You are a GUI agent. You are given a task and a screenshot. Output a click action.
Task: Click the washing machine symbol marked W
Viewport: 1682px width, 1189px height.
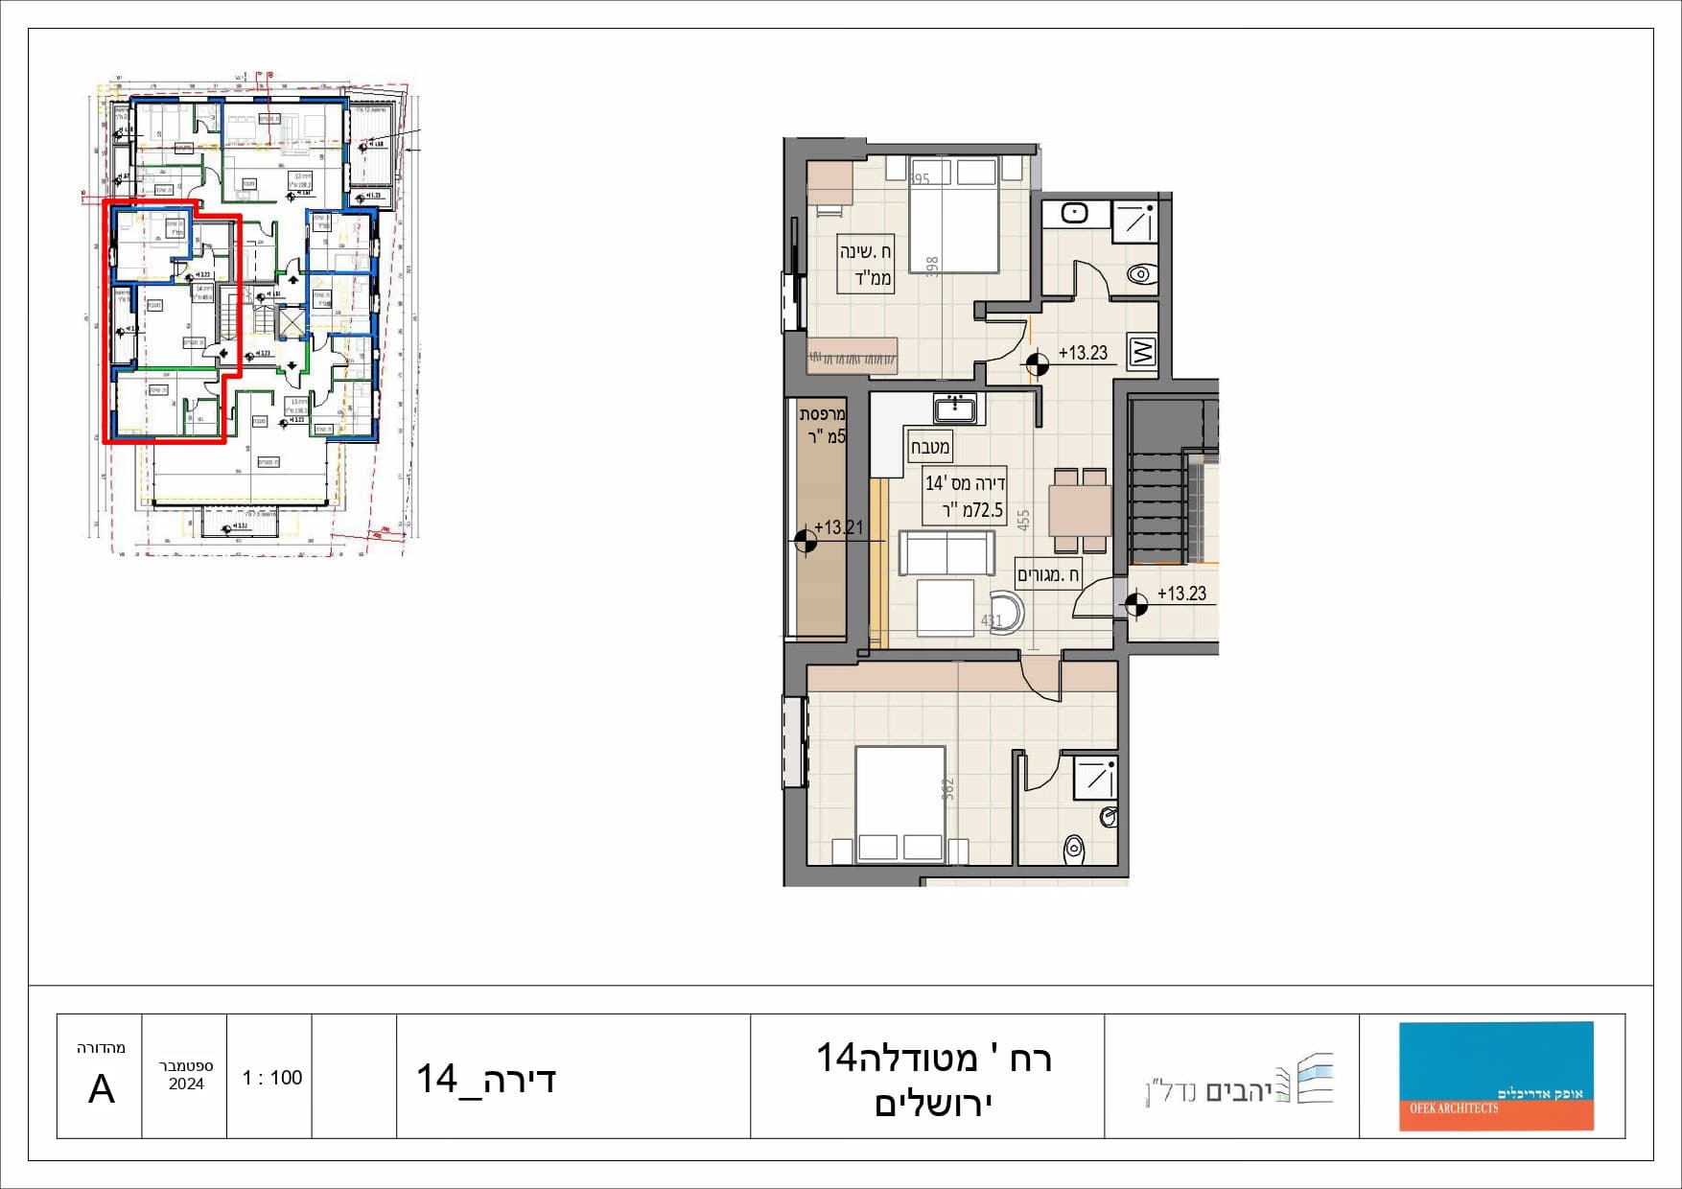(1142, 351)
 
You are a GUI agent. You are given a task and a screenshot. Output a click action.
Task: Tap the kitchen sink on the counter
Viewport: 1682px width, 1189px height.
(955, 409)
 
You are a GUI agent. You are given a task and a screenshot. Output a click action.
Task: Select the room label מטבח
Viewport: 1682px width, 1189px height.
(929, 447)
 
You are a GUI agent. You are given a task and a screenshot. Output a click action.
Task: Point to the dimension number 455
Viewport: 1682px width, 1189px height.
(1023, 520)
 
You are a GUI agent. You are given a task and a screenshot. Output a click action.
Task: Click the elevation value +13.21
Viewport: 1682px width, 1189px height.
(839, 527)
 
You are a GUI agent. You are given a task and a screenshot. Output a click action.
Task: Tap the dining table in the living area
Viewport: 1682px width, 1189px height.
(1080, 510)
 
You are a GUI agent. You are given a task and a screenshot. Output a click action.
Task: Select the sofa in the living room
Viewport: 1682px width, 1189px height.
(946, 553)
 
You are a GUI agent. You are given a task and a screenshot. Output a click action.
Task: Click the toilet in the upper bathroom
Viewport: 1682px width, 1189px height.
(1141, 274)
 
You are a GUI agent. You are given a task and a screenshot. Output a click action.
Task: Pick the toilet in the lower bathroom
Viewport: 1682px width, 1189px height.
(1074, 848)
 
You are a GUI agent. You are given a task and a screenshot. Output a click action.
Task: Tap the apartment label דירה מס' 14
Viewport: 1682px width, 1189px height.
(965, 497)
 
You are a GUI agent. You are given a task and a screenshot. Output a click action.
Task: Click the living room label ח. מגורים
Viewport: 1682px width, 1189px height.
(1048, 575)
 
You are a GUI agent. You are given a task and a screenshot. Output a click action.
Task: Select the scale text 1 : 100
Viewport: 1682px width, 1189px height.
(271, 1078)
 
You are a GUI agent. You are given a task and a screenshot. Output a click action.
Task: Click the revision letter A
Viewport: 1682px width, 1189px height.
(101, 1089)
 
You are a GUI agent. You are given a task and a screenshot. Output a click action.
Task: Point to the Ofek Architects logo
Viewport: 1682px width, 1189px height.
(1495, 1076)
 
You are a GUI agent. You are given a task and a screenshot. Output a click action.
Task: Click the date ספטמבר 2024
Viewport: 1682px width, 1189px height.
(185, 1075)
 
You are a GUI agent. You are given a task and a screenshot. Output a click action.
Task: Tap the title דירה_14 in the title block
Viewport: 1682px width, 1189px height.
(486, 1080)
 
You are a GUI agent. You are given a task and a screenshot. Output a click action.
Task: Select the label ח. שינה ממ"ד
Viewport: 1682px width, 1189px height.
(866, 264)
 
